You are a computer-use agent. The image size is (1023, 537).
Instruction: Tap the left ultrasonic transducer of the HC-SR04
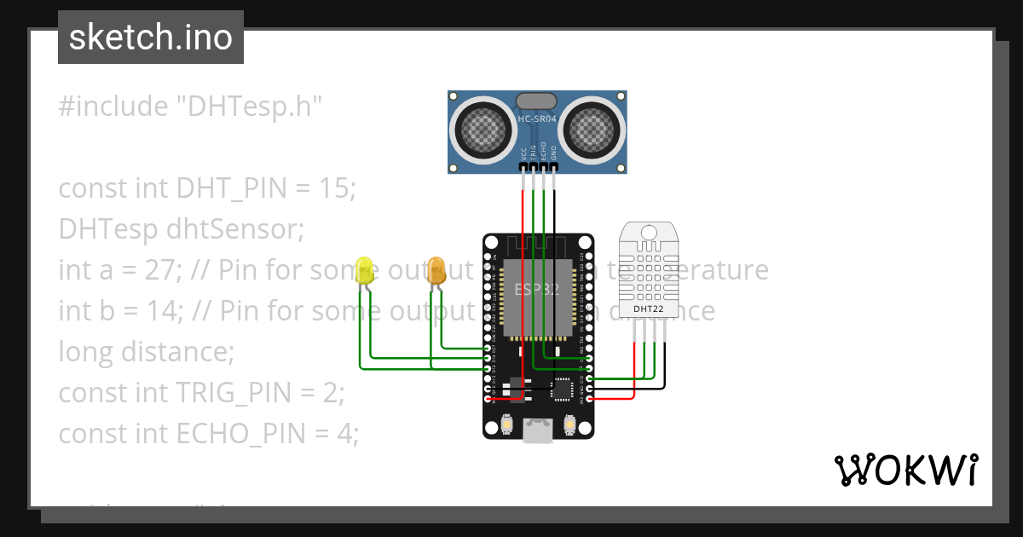tap(482, 129)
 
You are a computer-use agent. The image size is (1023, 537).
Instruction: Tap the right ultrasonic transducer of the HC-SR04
tap(592, 129)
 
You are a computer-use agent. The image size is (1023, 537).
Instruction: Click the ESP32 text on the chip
tap(536, 289)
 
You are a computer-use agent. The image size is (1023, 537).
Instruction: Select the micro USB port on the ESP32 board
tap(536, 431)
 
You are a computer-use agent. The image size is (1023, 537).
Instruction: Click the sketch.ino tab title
tap(151, 38)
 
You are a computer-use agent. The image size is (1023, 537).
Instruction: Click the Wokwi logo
tap(905, 470)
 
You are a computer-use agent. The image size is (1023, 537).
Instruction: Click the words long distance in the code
tap(146, 352)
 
